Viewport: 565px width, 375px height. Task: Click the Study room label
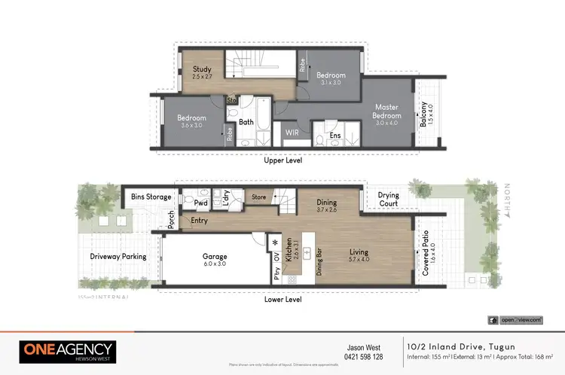pyautogui.click(x=191, y=69)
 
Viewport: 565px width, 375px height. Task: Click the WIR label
pyautogui.click(x=292, y=133)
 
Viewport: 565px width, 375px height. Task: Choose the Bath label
pyautogui.click(x=246, y=122)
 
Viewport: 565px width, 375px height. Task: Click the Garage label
pyautogui.click(x=214, y=256)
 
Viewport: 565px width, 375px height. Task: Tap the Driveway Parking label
pyautogui.click(x=118, y=257)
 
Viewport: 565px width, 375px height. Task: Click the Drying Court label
pyautogui.click(x=388, y=200)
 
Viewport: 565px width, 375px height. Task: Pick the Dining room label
pyautogui.click(x=326, y=203)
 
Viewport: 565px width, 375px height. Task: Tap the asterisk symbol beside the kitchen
pyautogui.click(x=276, y=243)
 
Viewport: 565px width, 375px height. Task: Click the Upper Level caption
pyautogui.click(x=282, y=161)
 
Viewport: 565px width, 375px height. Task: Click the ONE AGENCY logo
pyautogui.click(x=67, y=351)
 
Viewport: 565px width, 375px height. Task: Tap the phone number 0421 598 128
pyautogui.click(x=364, y=357)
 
